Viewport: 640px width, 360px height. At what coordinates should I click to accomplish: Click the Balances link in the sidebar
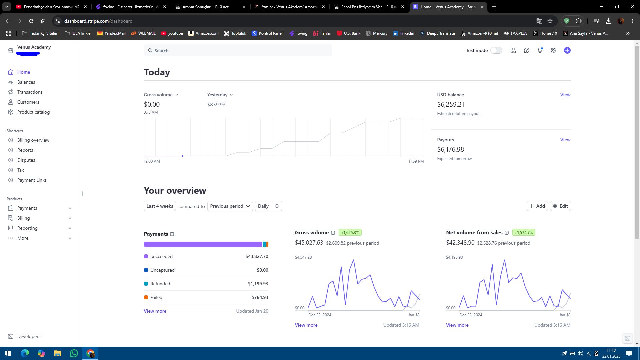point(26,82)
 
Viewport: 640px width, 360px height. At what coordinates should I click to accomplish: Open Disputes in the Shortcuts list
point(26,160)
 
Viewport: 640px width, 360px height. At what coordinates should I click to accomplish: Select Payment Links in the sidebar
point(32,180)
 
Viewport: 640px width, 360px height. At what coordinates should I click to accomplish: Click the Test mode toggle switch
point(496,50)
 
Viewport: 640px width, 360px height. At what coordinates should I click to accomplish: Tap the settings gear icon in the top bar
point(553,50)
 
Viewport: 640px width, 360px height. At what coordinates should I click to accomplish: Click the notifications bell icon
point(540,50)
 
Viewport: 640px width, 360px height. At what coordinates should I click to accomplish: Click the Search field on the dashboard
point(238,50)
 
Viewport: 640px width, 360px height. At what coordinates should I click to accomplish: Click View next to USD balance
point(565,95)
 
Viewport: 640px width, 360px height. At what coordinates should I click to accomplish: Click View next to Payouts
point(565,140)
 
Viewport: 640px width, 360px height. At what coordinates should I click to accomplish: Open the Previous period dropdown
point(230,206)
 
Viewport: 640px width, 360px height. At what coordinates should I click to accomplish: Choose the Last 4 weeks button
point(160,206)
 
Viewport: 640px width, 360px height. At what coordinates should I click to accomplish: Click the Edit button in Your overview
point(560,206)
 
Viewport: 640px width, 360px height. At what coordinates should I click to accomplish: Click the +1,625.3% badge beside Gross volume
point(350,232)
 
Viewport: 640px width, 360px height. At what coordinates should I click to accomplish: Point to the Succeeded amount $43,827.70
point(257,256)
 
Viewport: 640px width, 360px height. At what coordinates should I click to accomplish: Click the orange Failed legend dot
point(146,297)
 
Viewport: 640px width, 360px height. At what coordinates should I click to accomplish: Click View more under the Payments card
point(155,311)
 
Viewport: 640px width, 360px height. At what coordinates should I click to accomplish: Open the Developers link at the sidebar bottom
point(29,336)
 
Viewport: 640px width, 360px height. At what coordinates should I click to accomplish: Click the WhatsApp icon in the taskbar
point(74,353)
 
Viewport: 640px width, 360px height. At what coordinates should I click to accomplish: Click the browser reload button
point(31,21)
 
